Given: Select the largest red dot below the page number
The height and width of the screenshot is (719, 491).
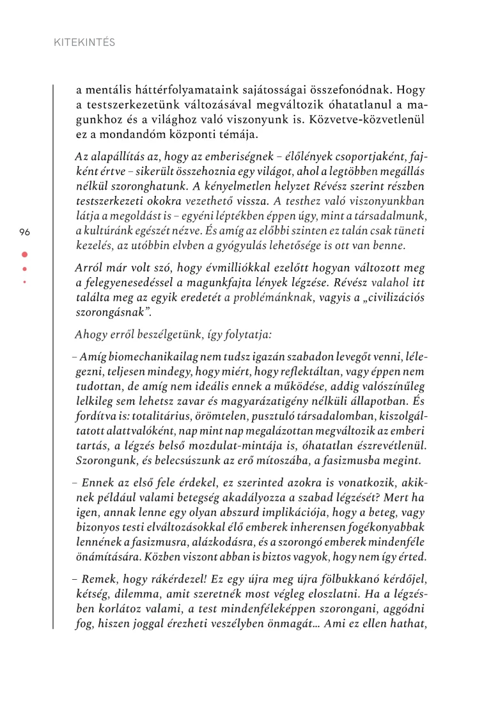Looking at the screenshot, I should coord(25,254).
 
